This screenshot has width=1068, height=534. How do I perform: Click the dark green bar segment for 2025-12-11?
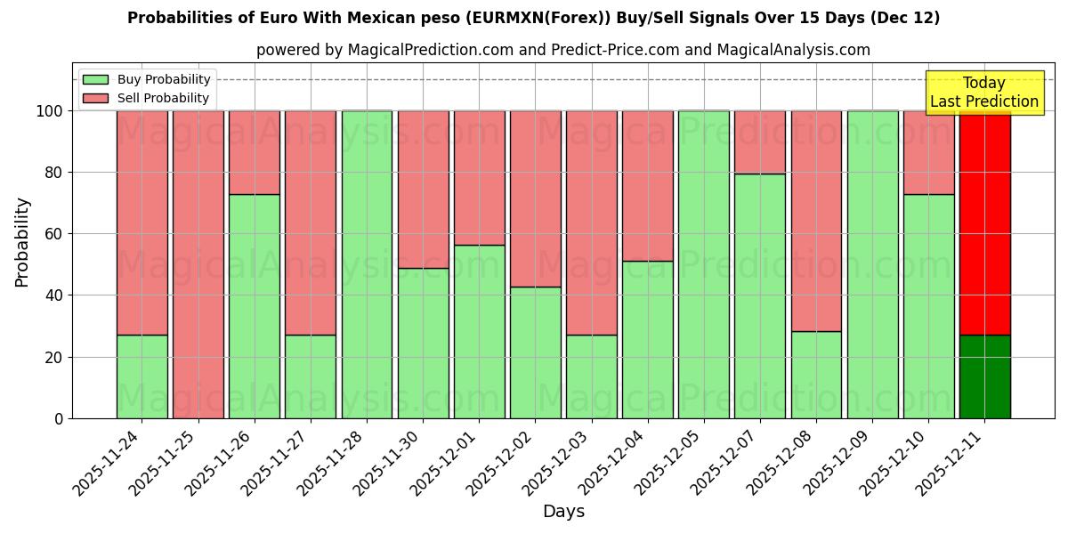tap(984, 376)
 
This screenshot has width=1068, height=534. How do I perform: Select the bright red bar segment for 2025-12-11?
tap(984, 222)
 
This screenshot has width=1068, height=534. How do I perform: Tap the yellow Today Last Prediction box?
tap(983, 93)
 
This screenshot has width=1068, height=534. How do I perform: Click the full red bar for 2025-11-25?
tap(198, 264)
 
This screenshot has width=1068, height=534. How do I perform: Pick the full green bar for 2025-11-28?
tap(367, 264)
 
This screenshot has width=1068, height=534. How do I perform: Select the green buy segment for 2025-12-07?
tap(760, 295)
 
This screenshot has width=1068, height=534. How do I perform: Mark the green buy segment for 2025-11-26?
tap(254, 306)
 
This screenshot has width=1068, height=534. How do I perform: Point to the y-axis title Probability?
tap(22, 242)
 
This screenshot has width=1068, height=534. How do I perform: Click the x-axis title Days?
tap(563, 512)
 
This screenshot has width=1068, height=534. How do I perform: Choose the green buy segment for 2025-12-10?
tap(928, 306)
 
